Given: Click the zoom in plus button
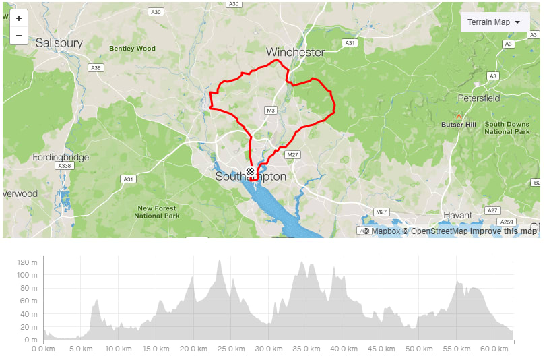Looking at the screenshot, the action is click(19, 18).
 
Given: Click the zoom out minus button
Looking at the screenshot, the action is click(19, 36).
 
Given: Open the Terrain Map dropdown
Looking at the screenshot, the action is click(494, 22).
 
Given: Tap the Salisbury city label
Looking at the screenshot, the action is click(59, 43).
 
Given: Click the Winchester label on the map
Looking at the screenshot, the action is click(295, 52).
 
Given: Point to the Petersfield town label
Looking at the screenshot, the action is click(479, 98).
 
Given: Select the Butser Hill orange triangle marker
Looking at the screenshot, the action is click(459, 117).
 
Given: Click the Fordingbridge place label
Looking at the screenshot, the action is click(61, 157).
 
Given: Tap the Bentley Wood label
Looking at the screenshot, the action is click(132, 49).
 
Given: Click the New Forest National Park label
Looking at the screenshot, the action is click(157, 212).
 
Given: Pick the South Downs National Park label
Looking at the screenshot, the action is click(507, 128).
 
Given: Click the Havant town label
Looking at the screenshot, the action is click(457, 215).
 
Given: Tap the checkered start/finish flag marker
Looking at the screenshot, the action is click(251, 172).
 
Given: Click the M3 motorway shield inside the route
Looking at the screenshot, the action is click(271, 110).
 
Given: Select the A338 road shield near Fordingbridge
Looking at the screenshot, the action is click(65, 166).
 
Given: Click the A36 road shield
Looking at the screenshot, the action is click(96, 68).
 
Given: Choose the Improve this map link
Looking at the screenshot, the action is click(503, 231).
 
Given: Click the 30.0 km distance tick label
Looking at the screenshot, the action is click(268, 349).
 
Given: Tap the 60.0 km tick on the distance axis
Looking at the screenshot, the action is click(494, 349).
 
